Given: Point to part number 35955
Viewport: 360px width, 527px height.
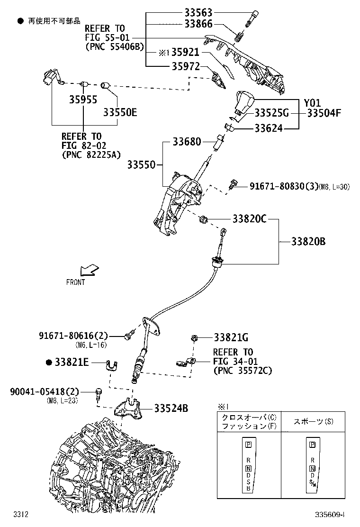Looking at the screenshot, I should (x=83, y=100).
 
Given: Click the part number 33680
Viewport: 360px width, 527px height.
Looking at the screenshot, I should (x=186, y=142).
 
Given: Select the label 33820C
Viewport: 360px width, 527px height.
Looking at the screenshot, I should (x=250, y=219).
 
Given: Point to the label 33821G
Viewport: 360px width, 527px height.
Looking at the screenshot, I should (x=231, y=337).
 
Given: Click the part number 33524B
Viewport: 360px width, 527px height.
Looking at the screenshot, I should (x=171, y=408).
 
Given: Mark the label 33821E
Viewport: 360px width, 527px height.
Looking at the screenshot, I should (x=71, y=362).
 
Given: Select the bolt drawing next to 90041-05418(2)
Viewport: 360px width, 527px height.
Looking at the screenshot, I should (x=98, y=393).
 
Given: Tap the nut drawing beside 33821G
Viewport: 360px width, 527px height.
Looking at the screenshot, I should (x=194, y=337).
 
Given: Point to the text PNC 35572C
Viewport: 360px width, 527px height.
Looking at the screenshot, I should (x=243, y=371).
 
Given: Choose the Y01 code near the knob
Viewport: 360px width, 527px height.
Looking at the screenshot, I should (x=312, y=103).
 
